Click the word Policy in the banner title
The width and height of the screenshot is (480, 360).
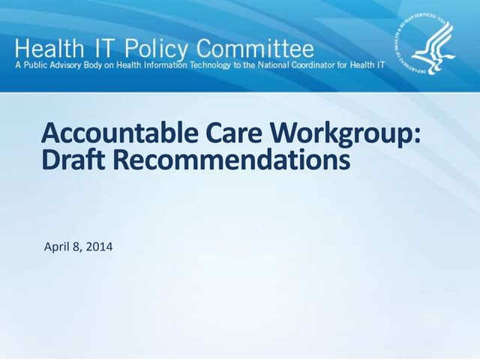click(x=156, y=49)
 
